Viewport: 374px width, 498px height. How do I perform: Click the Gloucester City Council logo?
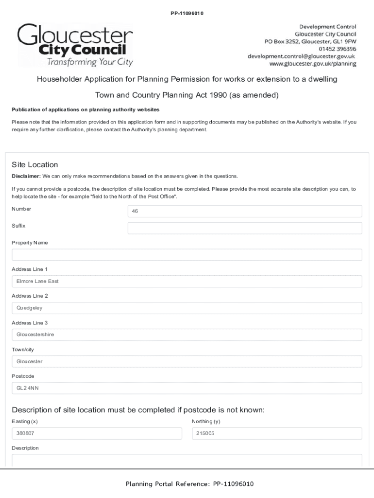pos(75,45)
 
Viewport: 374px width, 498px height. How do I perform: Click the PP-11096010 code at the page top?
pos(187,13)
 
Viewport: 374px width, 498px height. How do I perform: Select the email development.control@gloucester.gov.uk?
pos(302,56)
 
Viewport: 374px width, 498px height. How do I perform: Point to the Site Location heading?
pos(34,164)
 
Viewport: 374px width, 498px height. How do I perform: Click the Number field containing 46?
pos(244,211)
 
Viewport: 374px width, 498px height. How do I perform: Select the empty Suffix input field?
pos(244,228)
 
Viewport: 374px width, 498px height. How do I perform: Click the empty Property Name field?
pos(187,255)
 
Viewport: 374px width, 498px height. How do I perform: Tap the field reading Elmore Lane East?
pos(187,281)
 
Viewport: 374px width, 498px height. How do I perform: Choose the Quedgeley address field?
pos(187,308)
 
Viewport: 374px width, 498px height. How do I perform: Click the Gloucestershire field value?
pos(187,335)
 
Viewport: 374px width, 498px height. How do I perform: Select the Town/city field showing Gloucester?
pos(187,361)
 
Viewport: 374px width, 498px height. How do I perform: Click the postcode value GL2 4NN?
pos(187,388)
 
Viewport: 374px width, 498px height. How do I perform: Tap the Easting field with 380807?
pos(96,434)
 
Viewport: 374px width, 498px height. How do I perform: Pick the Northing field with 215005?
pos(277,434)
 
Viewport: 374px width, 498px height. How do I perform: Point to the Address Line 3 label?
pos(30,322)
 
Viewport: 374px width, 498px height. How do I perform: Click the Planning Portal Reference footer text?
pos(189,484)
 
